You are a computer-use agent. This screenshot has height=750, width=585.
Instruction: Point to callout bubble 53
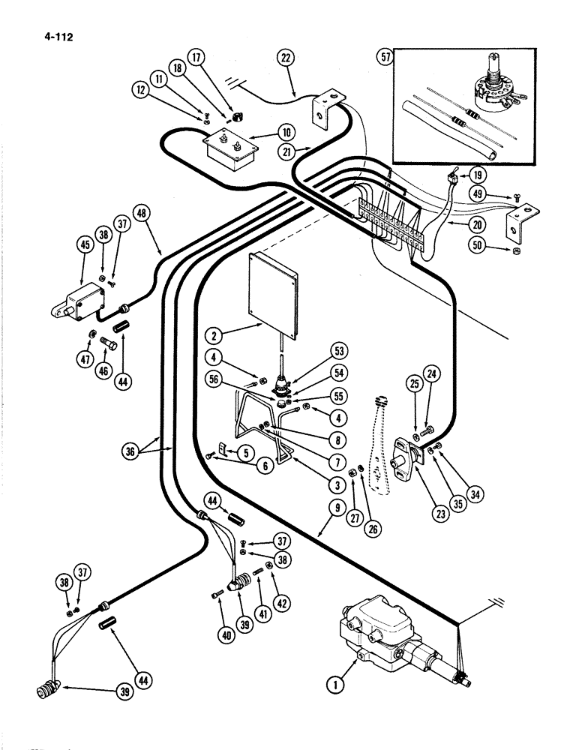tap(340, 351)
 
